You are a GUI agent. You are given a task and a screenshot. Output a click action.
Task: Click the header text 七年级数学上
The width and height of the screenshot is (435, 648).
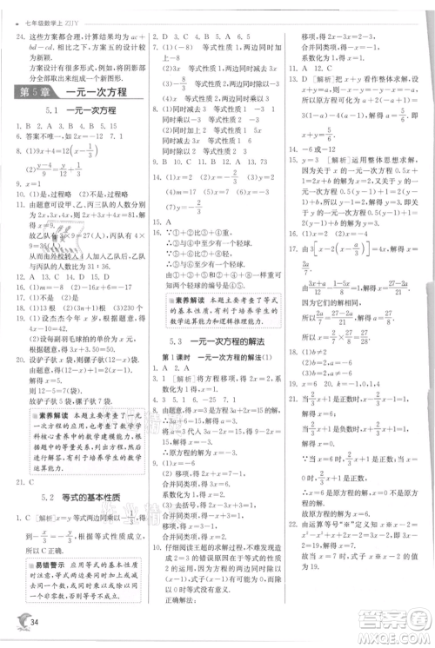(41, 10)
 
